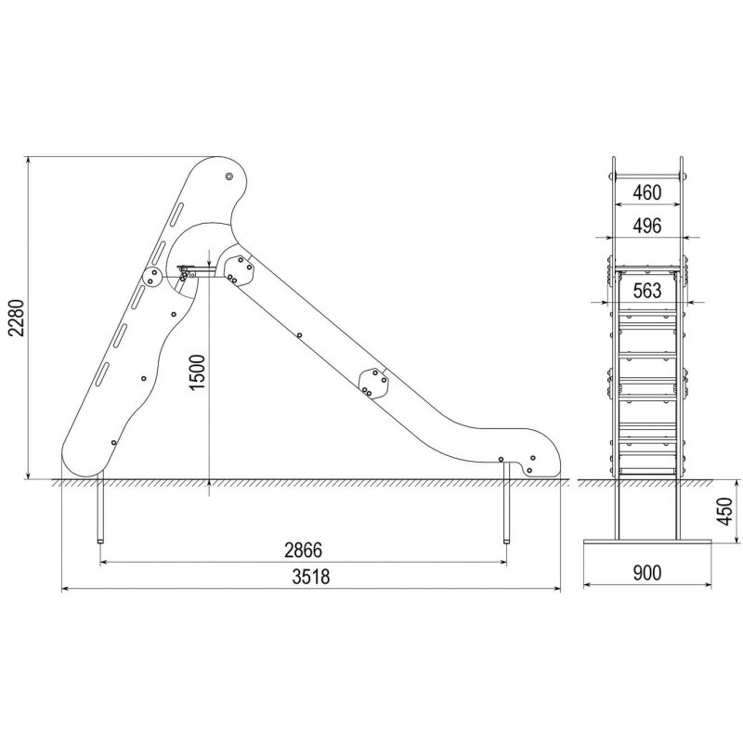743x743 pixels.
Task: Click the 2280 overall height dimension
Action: pos(18,317)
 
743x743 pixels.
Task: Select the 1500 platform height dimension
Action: pos(197,372)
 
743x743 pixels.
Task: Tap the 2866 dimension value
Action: pos(304,550)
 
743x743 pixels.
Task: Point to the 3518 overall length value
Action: pos(311,577)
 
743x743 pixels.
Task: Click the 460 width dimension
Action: pos(646,192)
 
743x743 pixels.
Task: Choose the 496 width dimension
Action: pos(646,226)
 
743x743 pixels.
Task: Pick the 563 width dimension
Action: pos(646,290)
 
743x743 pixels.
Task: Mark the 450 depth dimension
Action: pos(724,511)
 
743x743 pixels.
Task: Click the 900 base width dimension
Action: pos(646,573)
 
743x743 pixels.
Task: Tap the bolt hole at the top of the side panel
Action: pos(229,176)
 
